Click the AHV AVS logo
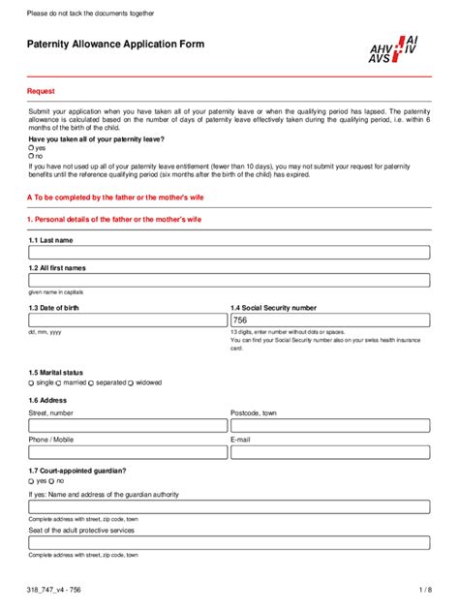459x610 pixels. [x=393, y=49]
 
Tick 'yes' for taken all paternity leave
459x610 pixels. [x=31, y=148]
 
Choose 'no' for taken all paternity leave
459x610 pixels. [x=31, y=156]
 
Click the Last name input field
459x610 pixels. [x=229, y=253]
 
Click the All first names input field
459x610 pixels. [x=229, y=281]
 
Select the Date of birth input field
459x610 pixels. [x=127, y=320]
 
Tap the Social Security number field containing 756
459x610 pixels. [x=329, y=320]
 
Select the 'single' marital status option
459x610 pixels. [x=31, y=382]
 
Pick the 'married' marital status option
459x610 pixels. [x=61, y=382]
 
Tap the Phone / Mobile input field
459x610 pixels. [x=127, y=452]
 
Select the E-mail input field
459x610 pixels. [x=329, y=452]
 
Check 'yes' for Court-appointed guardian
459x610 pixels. [x=31, y=480]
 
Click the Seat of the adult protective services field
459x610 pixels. [x=229, y=543]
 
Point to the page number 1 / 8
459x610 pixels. [x=424, y=590]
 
